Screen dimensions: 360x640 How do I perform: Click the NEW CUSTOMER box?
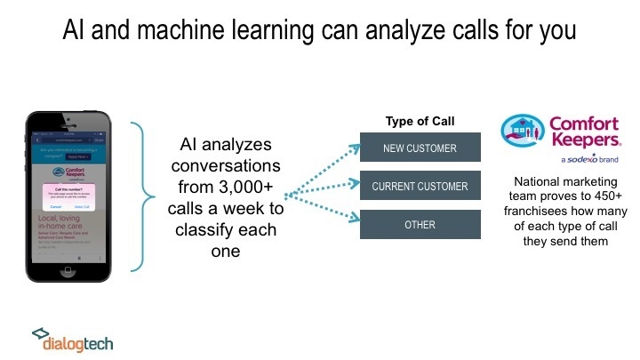(420, 148)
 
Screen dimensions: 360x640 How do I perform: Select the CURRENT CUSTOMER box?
(420, 186)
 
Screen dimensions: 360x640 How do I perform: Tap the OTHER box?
(420, 224)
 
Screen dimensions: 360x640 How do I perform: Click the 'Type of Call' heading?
(420, 121)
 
